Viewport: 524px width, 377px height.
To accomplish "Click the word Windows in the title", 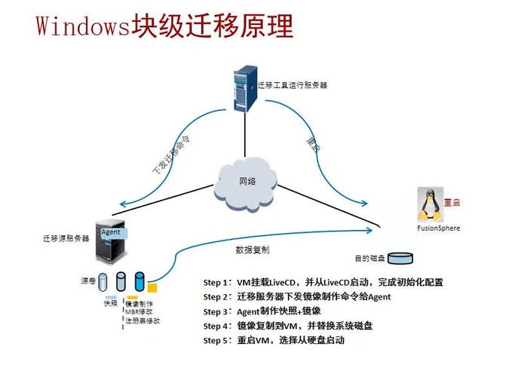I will point(82,26).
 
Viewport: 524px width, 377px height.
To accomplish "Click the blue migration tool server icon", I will point(242,88).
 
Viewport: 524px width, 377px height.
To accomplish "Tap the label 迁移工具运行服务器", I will point(292,85).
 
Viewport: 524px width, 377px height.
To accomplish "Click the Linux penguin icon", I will point(429,202).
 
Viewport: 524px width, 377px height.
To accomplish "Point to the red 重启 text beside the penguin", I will point(452,203).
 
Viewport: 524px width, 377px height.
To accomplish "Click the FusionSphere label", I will point(438,228).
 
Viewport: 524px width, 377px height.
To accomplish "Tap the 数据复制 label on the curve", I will point(253,249).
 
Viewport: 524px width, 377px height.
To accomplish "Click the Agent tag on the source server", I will point(111,232).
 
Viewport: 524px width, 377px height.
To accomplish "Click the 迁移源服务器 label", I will point(66,238).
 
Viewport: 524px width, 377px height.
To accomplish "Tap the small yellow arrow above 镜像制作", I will point(132,297).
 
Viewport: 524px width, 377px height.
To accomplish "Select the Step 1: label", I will point(216,283).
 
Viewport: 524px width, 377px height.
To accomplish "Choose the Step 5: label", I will point(216,341).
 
